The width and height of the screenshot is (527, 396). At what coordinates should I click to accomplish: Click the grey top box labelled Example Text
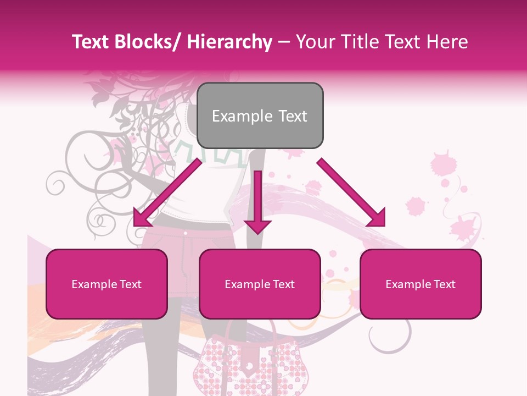pyautogui.click(x=260, y=116)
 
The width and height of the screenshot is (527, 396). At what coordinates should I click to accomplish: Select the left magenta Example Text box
pyautogui.click(x=106, y=284)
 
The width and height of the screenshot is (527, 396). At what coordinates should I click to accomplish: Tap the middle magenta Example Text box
pyautogui.click(x=260, y=284)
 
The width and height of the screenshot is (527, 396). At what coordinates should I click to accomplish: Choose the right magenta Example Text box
pyautogui.click(x=421, y=284)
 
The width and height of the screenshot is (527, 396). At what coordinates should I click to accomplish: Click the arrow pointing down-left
pyautogui.click(x=167, y=193)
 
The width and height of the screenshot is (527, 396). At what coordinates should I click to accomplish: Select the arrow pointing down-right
pyautogui.click(x=351, y=193)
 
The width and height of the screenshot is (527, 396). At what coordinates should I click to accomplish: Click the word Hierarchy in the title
pyautogui.click(x=229, y=42)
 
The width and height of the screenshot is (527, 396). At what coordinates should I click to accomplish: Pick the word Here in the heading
pyautogui.click(x=447, y=42)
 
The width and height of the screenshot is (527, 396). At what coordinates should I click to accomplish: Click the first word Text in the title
pyautogui.click(x=92, y=42)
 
